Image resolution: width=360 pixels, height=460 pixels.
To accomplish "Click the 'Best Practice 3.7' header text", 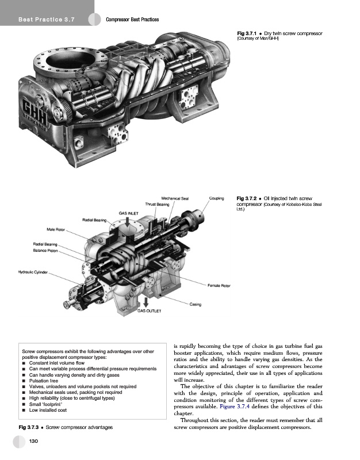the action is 47,20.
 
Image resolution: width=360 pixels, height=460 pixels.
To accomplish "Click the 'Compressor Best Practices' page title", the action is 132,20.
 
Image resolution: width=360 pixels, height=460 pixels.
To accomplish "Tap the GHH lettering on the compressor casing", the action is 35,109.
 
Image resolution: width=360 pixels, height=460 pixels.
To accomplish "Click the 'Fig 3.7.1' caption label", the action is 247,33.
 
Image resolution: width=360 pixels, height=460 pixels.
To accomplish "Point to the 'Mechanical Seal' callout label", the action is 175,198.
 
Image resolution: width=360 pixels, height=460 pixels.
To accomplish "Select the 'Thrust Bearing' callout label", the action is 157,204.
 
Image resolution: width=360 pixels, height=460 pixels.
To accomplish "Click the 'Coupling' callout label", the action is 217,198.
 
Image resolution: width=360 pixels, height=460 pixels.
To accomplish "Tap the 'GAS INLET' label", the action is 128,213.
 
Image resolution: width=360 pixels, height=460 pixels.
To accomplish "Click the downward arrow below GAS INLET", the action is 127,221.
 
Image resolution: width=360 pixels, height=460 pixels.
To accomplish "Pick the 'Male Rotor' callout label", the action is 56,229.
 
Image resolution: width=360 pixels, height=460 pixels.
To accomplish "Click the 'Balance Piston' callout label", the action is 45,251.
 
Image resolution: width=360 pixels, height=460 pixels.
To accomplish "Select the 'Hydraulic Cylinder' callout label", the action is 33,272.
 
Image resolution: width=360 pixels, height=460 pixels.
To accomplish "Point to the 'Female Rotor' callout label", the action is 219,285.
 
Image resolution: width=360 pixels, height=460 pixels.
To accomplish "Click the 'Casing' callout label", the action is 196,304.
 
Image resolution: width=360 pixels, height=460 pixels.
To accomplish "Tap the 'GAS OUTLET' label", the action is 150,310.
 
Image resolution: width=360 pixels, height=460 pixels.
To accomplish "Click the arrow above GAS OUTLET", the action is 146,302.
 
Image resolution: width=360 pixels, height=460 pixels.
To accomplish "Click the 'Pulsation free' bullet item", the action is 44,381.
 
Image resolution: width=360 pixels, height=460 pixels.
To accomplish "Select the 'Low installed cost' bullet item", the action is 48,410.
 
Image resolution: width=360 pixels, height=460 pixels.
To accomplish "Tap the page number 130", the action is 33,441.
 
